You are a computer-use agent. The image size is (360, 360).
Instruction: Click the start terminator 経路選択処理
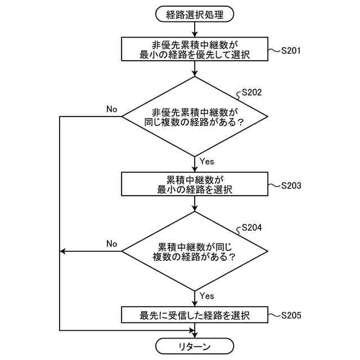tap(195, 15)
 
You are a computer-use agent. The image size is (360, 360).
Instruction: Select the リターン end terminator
tap(195, 345)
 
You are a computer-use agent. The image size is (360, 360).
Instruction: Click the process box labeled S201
tap(195, 49)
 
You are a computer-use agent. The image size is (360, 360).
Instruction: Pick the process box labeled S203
tap(195, 184)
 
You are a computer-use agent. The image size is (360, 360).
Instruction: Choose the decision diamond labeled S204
tap(195, 251)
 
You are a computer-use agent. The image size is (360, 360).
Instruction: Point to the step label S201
tap(291, 51)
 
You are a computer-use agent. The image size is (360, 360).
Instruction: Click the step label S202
tap(251, 93)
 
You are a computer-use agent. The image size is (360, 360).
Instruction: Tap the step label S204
tap(251, 228)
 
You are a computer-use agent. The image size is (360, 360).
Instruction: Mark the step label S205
tap(291, 316)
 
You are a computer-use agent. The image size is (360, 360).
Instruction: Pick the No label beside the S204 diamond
tap(111, 244)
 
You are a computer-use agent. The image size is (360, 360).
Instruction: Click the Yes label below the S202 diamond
tap(207, 161)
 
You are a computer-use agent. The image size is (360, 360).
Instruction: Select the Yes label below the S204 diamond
tap(207, 295)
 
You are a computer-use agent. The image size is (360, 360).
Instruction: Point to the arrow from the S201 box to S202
tap(195, 69)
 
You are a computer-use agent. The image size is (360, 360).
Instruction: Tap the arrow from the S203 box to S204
tap(195, 204)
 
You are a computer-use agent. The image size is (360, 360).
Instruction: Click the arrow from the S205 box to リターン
tap(195, 331)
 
